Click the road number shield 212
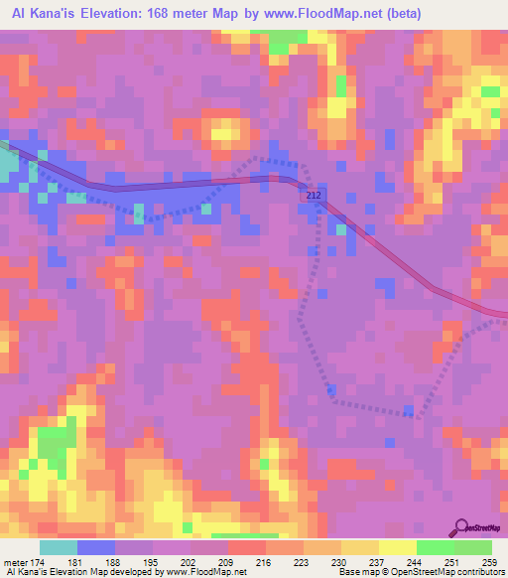point(313,196)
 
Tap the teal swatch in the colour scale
point(59,548)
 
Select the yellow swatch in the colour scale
point(398,548)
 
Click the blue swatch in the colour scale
point(96,548)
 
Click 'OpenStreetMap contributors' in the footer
point(445,572)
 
